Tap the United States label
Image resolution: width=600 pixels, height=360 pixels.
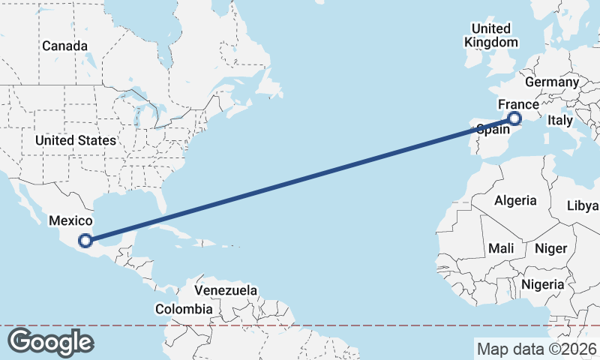76,140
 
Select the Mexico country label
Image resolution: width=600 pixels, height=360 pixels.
70,221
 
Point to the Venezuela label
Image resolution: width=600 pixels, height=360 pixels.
226,290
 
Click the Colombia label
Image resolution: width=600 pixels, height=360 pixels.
184,309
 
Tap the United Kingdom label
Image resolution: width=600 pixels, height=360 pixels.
491,35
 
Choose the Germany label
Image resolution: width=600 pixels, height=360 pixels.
552,82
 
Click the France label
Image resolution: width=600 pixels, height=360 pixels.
518,104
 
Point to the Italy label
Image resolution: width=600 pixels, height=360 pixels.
560,120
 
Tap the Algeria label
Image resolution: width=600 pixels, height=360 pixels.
515,200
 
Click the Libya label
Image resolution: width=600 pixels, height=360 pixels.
583,205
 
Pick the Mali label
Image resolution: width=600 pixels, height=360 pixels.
500,247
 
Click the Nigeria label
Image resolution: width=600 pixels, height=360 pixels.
542,284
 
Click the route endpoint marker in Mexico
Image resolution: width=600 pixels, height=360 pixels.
86,241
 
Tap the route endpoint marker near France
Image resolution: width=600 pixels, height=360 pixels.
514,118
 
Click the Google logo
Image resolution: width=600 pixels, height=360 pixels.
50,342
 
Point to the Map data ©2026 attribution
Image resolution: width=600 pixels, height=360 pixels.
537,349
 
